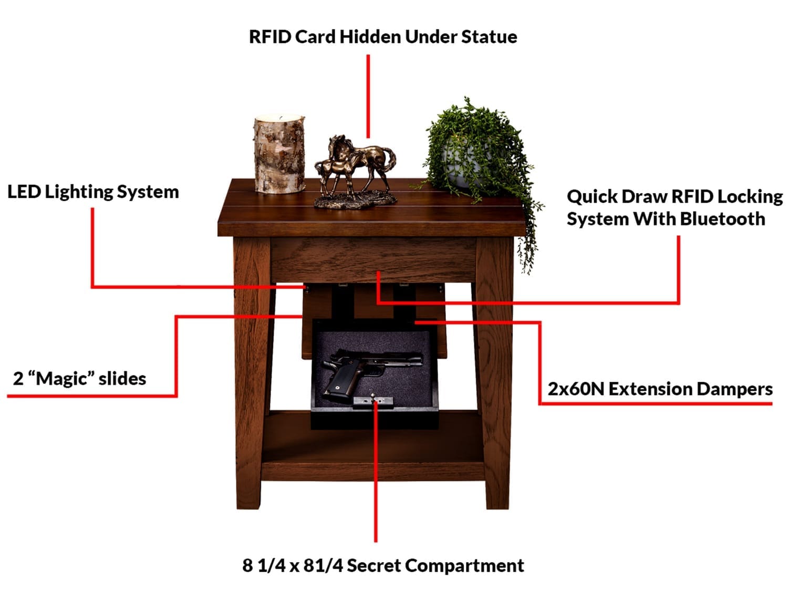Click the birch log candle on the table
(x=279, y=155)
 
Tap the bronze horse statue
(x=355, y=171)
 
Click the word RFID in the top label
(x=269, y=37)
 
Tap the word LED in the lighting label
(x=24, y=192)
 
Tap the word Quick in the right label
(x=591, y=196)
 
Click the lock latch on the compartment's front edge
(x=373, y=401)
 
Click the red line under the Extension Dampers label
(x=657, y=403)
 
